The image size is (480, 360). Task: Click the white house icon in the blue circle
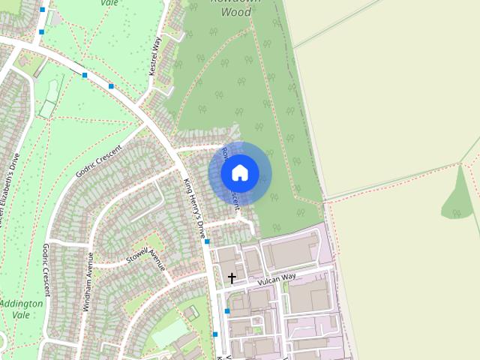[240, 173]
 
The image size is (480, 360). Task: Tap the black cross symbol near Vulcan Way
[232, 278]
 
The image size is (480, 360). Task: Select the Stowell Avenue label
[145, 256]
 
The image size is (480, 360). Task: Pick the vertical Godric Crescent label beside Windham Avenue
[46, 270]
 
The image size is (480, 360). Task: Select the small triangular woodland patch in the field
[458, 199]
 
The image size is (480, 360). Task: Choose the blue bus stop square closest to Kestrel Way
[111, 86]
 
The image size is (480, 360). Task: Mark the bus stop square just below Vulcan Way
[226, 310]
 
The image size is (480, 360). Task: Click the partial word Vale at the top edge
[109, 3]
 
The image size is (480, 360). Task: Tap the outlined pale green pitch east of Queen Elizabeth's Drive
[48, 109]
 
